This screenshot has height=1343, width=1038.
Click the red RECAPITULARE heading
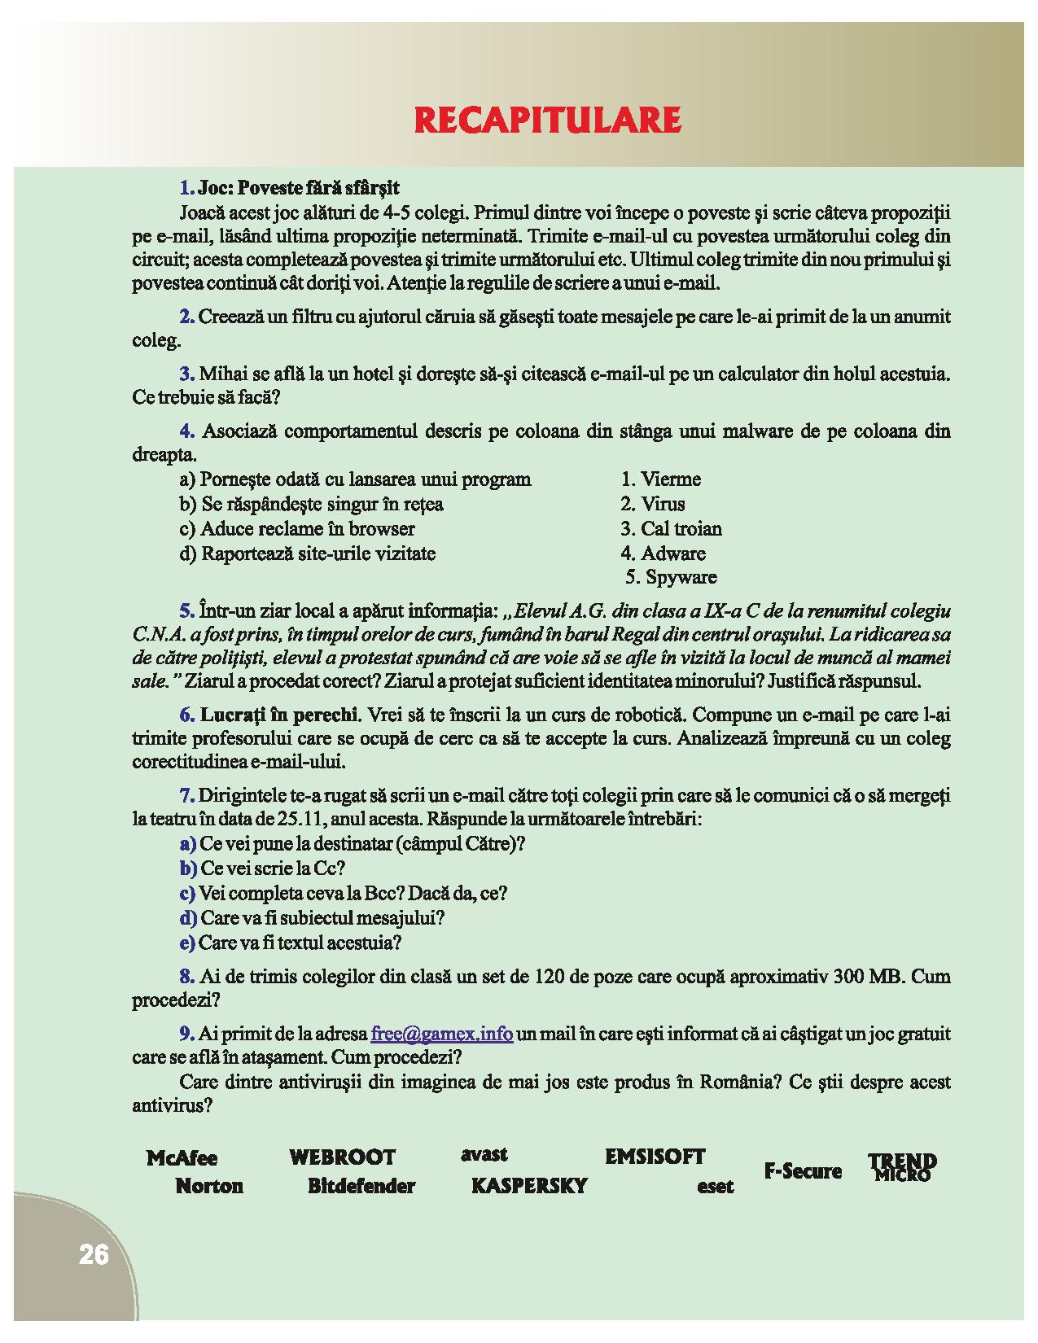pyautogui.click(x=547, y=120)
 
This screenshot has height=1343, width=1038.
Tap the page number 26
pyautogui.click(x=94, y=1255)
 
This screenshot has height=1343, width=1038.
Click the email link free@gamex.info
pyautogui.click(x=441, y=1034)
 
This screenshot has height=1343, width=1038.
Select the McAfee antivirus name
pyautogui.click(x=182, y=1158)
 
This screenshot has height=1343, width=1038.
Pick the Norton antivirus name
pyautogui.click(x=209, y=1186)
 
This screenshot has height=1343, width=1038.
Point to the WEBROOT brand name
pyautogui.click(x=342, y=1157)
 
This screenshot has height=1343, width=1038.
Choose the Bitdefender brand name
pyautogui.click(x=361, y=1186)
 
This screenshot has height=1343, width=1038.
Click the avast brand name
pyautogui.click(x=484, y=1154)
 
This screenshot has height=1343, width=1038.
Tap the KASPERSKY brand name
pyautogui.click(x=529, y=1186)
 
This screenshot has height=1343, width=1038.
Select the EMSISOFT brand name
pyautogui.click(x=655, y=1157)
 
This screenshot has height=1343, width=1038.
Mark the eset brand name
pyautogui.click(x=715, y=1188)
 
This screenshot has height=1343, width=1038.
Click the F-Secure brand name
pyautogui.click(x=802, y=1171)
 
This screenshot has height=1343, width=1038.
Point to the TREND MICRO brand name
pyautogui.click(x=902, y=1167)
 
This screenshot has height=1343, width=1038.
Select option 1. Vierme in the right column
pyautogui.click(x=660, y=479)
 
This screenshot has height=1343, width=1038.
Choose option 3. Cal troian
pyautogui.click(x=671, y=529)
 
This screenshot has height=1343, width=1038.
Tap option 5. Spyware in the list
pyautogui.click(x=672, y=578)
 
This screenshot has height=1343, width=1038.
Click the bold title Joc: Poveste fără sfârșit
pyautogui.click(x=299, y=188)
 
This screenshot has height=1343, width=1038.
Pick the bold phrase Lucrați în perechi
pyautogui.click(x=279, y=715)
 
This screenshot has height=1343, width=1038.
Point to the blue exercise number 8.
pyautogui.click(x=186, y=977)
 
